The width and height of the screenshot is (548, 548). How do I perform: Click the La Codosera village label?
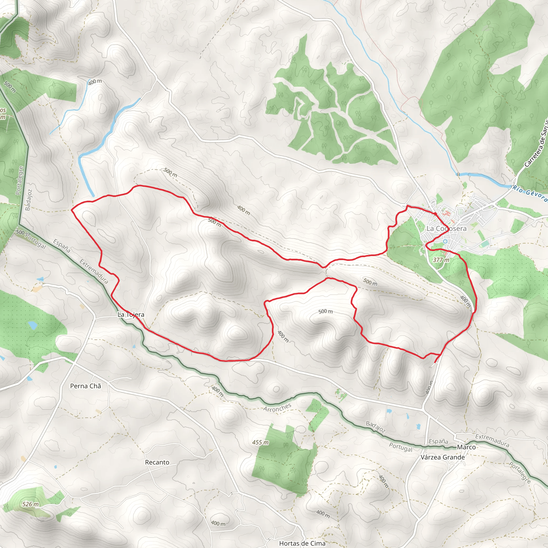coord(447,229)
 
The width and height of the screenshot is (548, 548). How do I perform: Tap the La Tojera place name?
coord(131,315)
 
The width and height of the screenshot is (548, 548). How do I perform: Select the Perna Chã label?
coord(85,386)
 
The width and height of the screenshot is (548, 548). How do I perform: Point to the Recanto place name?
coord(157,462)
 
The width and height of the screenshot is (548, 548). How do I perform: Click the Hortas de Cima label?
coord(302,543)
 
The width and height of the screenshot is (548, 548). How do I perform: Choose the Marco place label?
coord(466,447)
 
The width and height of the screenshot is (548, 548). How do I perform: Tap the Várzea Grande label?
coord(443,457)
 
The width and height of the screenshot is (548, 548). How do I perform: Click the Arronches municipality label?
coord(277,408)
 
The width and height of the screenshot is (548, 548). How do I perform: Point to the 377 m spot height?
coord(441,260)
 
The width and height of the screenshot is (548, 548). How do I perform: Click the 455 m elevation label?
coord(260,443)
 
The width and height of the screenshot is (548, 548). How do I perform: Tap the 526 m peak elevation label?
coord(30,504)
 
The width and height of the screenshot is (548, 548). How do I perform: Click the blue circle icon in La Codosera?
coord(445,241)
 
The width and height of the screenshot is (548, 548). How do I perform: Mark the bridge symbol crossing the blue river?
coord(458,174)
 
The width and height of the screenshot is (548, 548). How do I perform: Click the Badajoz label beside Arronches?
coord(375,427)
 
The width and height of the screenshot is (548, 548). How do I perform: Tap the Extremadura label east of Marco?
coord(492,440)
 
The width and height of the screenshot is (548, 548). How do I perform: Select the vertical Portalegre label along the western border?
coord(20,180)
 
